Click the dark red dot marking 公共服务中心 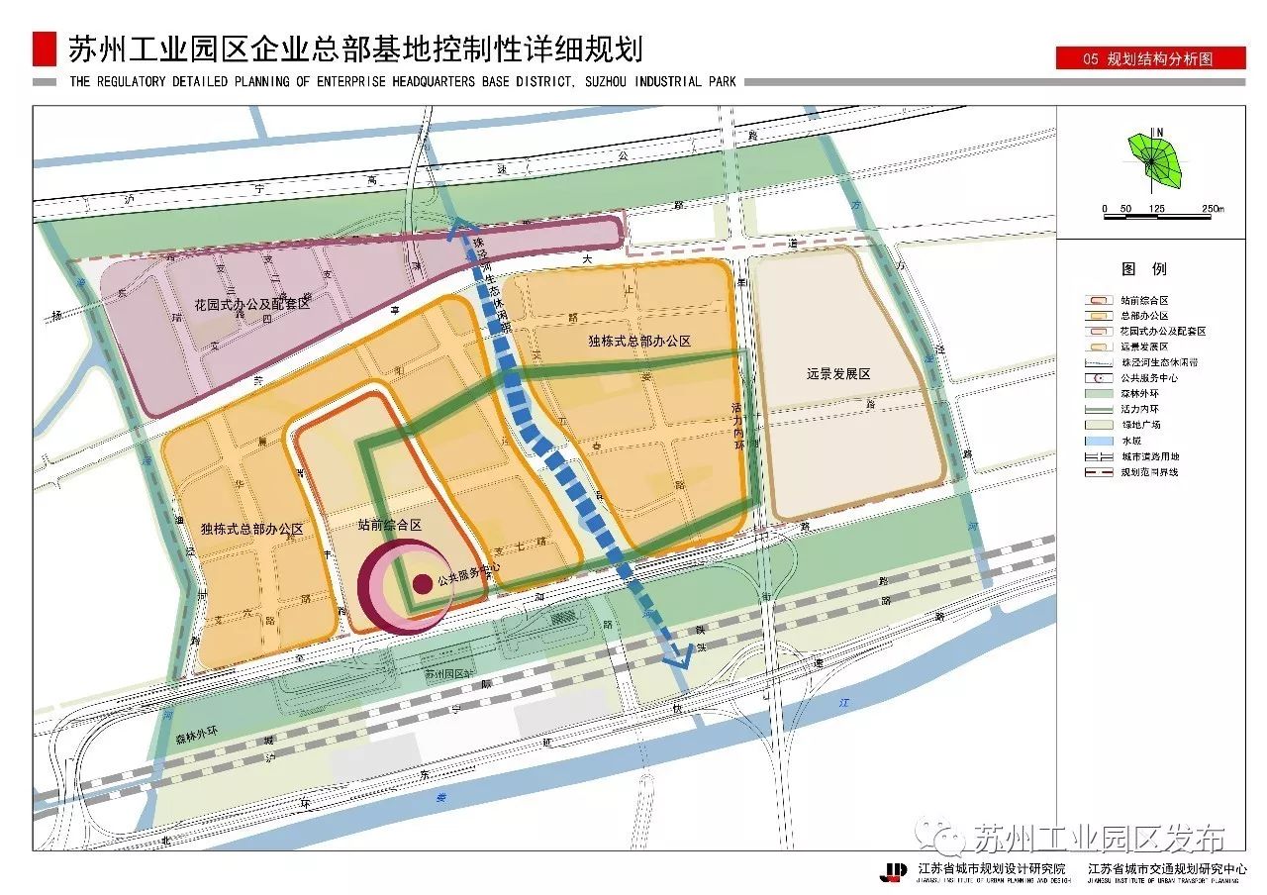422,583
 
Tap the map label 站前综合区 389,526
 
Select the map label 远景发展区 837,373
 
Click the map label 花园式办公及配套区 251,303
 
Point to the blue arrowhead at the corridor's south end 680,657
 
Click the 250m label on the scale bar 1213,209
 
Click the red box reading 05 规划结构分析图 1149,59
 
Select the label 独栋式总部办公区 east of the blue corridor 638,341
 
